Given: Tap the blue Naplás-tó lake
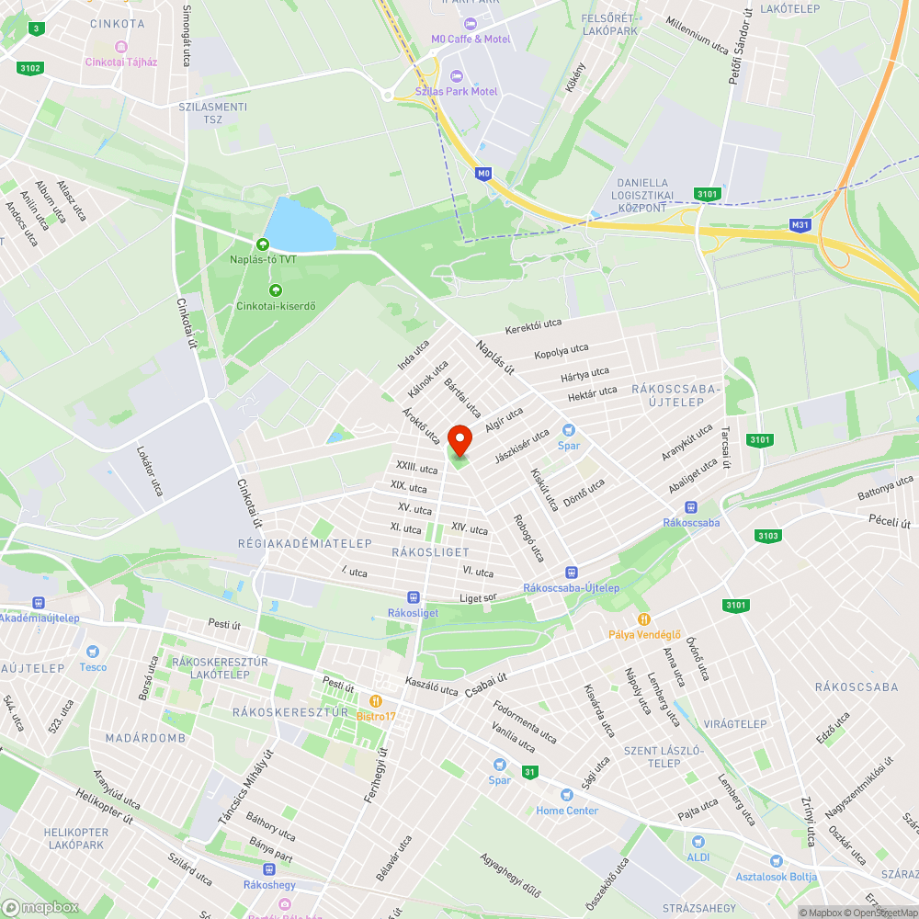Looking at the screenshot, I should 299,224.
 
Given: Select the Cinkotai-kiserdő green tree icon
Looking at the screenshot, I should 274,290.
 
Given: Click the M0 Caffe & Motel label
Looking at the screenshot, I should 471,39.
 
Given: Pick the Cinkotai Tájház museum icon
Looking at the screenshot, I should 120,47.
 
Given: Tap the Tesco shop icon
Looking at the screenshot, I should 93,651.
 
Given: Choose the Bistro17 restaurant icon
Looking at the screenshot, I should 376,700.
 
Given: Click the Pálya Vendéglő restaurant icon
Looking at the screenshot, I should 644,618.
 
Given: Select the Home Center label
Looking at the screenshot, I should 567,811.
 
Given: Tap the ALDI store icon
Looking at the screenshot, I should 698,841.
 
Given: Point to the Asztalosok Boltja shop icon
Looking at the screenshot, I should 777,861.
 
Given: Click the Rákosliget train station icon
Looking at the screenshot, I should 413,596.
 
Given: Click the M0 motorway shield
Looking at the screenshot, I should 483,173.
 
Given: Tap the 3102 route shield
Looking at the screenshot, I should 30,67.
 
